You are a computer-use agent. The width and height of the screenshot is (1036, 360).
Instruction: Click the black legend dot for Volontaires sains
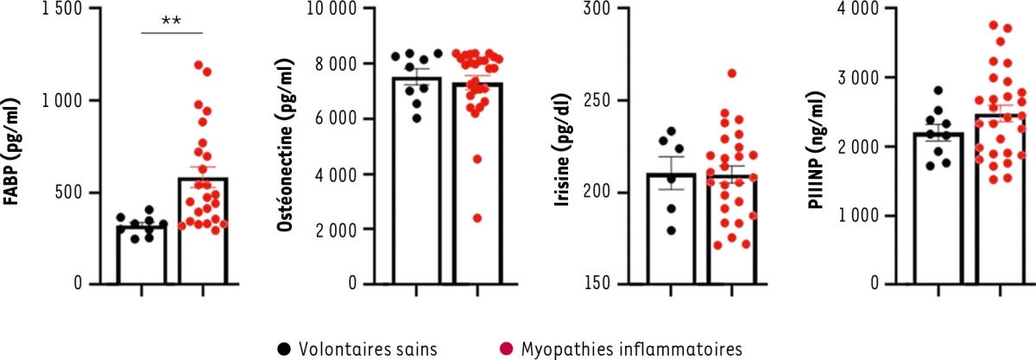tap(283, 350)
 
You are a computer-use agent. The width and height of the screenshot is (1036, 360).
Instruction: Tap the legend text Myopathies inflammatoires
tap(631, 350)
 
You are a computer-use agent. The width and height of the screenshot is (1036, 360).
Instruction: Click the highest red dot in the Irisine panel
tap(731, 73)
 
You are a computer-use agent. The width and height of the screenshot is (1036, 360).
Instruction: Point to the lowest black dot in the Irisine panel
tap(672, 231)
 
